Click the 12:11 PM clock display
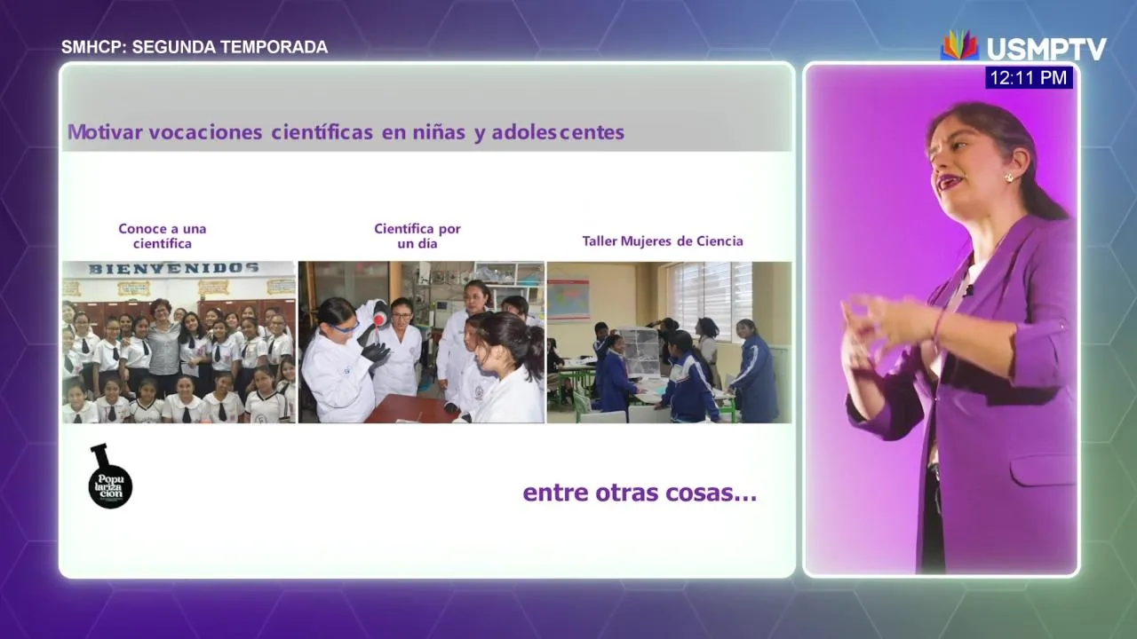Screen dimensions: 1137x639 click(x=1029, y=77)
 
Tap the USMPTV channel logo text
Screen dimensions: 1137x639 click(x=1046, y=49)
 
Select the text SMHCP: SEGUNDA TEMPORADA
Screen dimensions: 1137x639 click(x=195, y=47)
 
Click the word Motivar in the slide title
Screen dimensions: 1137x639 click(x=105, y=132)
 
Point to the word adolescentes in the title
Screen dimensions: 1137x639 click(x=558, y=132)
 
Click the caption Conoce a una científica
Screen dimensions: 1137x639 click(x=163, y=236)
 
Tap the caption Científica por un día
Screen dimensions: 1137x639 click(x=417, y=236)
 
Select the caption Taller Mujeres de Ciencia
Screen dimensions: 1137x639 click(x=663, y=241)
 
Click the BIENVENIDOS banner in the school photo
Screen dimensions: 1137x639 click(x=174, y=268)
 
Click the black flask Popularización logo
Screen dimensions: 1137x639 click(x=110, y=477)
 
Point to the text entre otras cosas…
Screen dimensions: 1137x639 click(x=640, y=493)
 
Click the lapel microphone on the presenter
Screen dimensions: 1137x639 click(x=969, y=290)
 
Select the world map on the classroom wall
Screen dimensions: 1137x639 click(x=568, y=299)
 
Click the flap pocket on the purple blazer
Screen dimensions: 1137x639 click(x=1043, y=469)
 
